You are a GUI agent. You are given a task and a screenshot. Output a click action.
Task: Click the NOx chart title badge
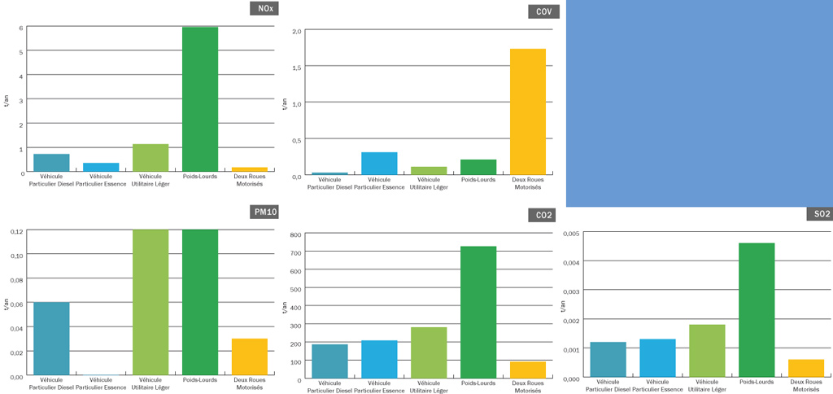point(264,9)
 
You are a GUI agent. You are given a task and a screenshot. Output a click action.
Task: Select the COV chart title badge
point(543,11)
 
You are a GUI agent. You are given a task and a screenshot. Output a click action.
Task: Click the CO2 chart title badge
point(543,215)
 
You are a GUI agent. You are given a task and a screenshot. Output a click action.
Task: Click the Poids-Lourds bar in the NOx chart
point(200,98)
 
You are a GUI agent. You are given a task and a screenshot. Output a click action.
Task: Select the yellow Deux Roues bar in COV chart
point(528,112)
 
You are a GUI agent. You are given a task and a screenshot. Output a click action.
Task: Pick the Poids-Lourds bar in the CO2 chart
point(478,312)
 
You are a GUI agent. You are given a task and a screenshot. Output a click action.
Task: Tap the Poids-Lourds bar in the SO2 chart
point(757,309)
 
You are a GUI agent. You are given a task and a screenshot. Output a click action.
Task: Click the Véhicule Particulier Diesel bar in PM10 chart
point(51,339)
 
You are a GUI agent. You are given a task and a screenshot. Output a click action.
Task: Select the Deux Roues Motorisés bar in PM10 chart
point(250,357)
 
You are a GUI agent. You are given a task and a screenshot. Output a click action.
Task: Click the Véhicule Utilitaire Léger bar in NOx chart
point(150,158)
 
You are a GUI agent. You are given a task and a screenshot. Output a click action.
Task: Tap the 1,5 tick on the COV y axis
point(297,67)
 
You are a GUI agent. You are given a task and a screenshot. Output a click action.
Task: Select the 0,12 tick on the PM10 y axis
point(16,232)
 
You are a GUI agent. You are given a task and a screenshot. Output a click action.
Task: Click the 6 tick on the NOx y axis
point(21,28)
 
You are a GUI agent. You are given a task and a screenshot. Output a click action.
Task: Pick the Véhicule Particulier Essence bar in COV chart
point(379,164)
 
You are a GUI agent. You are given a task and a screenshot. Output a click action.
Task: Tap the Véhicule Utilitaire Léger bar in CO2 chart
point(429,352)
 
